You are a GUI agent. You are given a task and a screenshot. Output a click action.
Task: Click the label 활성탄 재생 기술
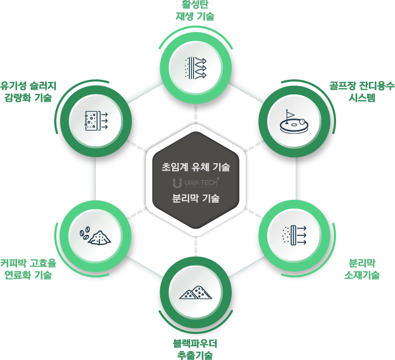(x=195, y=10)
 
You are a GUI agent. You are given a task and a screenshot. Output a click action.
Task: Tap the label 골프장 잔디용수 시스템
(x=362, y=92)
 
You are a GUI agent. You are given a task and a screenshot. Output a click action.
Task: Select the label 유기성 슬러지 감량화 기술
(x=28, y=92)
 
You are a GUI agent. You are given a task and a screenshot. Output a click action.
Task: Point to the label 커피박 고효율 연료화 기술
(x=28, y=269)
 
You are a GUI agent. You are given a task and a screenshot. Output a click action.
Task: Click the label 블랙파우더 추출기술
(x=195, y=349)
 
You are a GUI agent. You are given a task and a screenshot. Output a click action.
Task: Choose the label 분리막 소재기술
(x=362, y=269)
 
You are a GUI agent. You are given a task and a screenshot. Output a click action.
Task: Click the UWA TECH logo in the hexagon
(x=196, y=183)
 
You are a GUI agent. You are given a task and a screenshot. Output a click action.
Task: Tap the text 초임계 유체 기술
(x=196, y=167)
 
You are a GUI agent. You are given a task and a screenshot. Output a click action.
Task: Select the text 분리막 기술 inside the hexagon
(x=196, y=198)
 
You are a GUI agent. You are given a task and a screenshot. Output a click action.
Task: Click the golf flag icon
(x=290, y=116)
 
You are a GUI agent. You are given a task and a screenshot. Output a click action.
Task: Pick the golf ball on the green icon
(x=302, y=122)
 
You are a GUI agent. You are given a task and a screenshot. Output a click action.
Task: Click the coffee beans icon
(x=85, y=234)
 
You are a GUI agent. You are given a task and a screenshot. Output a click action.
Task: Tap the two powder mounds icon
(x=196, y=293)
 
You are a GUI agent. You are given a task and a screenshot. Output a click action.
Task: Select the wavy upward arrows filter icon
(x=196, y=68)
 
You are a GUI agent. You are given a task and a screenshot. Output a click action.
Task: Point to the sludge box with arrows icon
(x=96, y=121)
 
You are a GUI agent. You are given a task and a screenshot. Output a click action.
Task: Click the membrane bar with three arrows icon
(x=294, y=235)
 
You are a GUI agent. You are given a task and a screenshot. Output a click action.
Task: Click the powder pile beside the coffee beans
(x=100, y=237)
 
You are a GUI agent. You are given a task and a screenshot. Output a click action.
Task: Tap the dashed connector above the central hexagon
(x=196, y=113)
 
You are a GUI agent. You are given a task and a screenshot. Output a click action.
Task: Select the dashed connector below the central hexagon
(x=196, y=247)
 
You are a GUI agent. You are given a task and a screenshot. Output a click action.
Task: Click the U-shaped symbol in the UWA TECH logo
(x=177, y=183)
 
